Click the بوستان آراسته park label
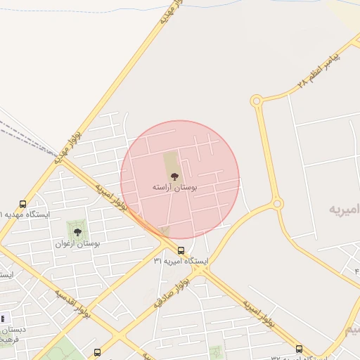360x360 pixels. pyautogui.click(x=175, y=188)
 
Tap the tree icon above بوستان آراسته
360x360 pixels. pyautogui.click(x=174, y=176)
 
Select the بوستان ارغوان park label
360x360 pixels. pyautogui.click(x=77, y=243)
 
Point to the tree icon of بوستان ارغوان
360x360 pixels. pyautogui.click(x=77, y=231)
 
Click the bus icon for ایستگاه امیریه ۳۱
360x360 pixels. pyautogui.click(x=181, y=250)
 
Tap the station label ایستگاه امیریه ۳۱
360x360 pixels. pyautogui.click(x=181, y=261)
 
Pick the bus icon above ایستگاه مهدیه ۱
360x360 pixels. pyautogui.click(x=23, y=204)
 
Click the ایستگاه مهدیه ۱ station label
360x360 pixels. pyautogui.click(x=24, y=214)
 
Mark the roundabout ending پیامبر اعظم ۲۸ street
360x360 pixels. pyautogui.click(x=257, y=101)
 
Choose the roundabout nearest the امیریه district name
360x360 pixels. pyautogui.click(x=278, y=204)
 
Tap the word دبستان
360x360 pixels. pyautogui.click(x=13, y=329)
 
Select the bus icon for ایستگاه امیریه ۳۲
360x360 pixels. pyautogui.click(x=299, y=349)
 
